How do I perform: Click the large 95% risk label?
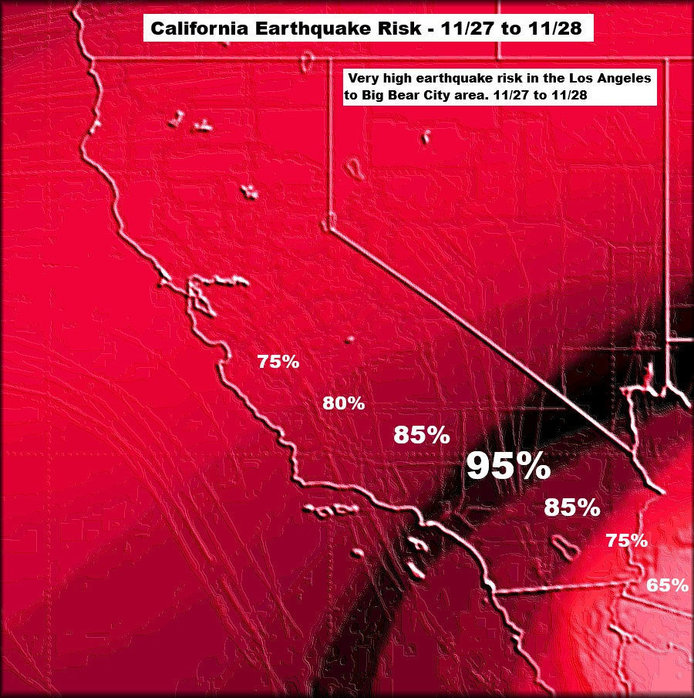pos(508,466)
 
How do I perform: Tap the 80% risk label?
pos(343,403)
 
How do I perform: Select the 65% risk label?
pos(667,585)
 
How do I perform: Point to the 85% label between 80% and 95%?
pos(422,435)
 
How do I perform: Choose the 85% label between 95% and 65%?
pos(571,507)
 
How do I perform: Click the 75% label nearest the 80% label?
pos(278,362)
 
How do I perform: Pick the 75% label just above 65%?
pos(626,541)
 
